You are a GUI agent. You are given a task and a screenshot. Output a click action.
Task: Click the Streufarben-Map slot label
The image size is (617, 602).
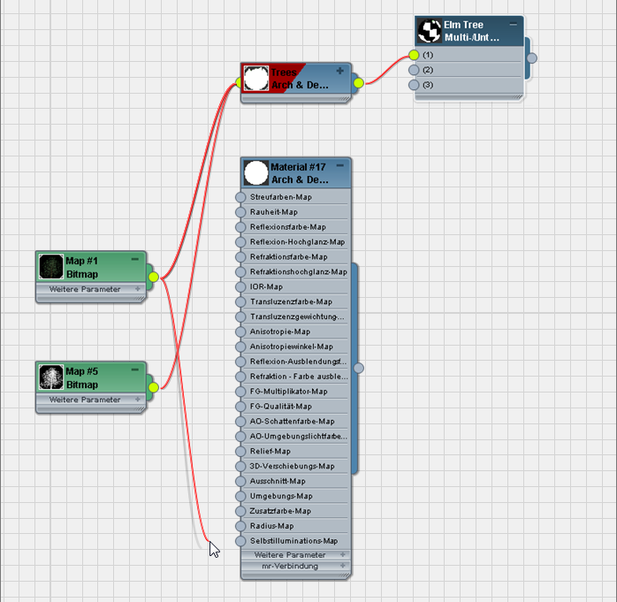[280, 197]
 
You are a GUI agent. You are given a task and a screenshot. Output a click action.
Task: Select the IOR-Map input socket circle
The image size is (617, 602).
[240, 286]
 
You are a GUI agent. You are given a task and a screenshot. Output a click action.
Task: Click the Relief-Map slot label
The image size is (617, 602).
[270, 451]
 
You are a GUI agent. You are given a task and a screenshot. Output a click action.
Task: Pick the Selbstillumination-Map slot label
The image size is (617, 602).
[293, 540]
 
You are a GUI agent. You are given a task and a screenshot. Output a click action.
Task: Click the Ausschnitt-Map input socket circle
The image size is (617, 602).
[240, 481]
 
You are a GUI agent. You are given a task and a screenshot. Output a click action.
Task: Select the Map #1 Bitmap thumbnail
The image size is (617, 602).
[52, 267]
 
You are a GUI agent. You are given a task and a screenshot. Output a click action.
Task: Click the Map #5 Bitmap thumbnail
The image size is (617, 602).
[52, 377]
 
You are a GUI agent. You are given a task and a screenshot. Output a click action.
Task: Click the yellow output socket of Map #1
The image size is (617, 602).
[153, 278]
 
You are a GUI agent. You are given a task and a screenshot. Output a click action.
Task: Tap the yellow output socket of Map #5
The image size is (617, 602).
[153, 387]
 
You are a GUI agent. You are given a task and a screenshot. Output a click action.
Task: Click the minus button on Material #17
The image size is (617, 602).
[339, 165]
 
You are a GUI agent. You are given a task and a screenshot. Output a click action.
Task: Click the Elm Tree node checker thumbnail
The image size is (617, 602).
[430, 32]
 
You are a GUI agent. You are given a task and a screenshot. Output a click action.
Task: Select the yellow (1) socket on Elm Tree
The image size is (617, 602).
[413, 55]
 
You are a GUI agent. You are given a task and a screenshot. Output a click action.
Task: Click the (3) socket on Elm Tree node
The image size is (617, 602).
[413, 85]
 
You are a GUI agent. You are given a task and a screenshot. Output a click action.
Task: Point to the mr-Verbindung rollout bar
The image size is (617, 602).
[295, 566]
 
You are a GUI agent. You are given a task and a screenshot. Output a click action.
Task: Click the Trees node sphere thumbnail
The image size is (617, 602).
[255, 78]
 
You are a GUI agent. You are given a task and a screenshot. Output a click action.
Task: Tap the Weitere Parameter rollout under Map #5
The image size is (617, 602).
[89, 400]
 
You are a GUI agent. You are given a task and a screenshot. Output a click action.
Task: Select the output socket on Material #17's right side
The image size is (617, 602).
[358, 368]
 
